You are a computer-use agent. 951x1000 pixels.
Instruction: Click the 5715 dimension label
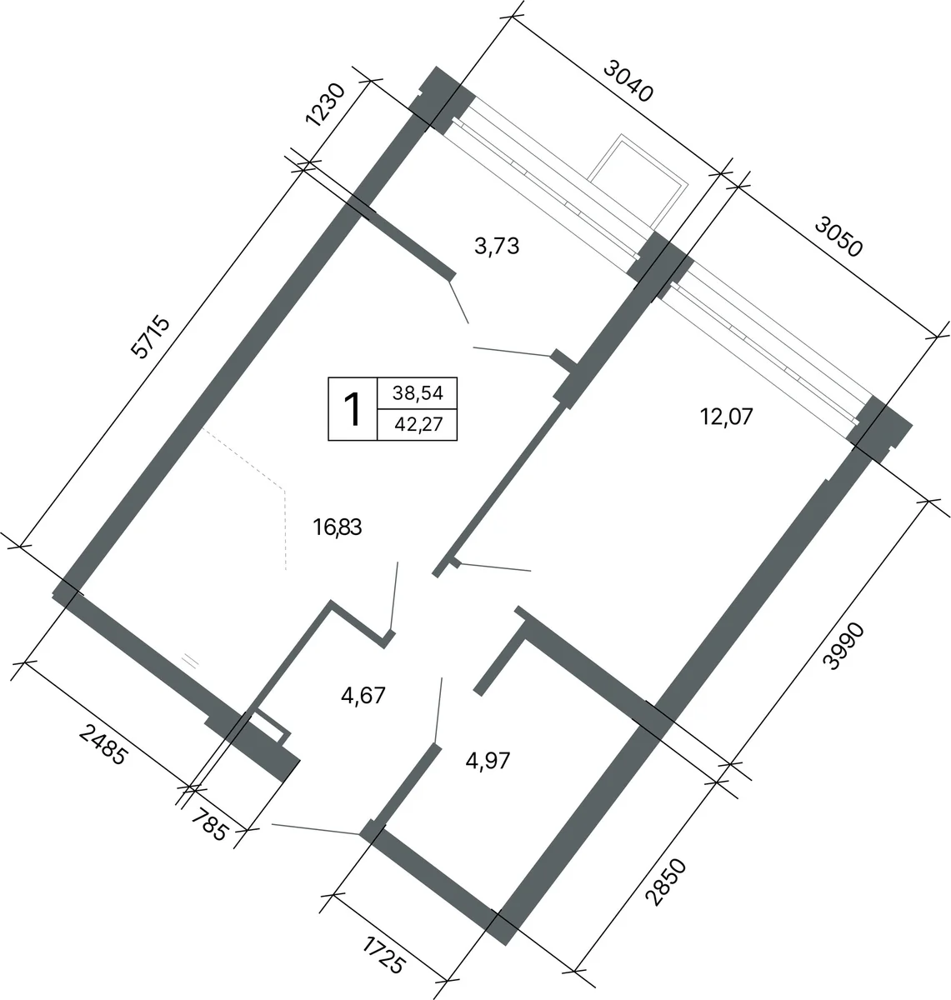(x=149, y=337)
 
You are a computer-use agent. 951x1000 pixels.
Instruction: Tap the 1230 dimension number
(x=325, y=104)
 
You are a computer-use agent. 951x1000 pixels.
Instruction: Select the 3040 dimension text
(x=628, y=81)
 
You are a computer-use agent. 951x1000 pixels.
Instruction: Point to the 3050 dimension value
(x=838, y=236)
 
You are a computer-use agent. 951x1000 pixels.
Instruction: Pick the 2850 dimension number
(x=666, y=882)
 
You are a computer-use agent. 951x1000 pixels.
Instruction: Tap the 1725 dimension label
(x=384, y=955)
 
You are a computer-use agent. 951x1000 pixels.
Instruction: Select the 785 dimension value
(x=210, y=824)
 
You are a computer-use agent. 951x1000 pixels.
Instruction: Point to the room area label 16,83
(x=338, y=527)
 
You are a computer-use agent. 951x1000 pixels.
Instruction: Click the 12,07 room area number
(x=726, y=417)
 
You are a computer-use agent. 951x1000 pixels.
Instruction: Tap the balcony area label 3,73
(x=497, y=246)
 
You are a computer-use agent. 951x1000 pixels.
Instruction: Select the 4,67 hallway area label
(x=363, y=695)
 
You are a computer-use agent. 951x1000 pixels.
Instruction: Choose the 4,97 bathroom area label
(x=488, y=761)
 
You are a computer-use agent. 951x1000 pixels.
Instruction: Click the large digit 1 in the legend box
(x=352, y=409)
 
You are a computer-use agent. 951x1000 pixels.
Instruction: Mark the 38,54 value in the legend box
(x=418, y=393)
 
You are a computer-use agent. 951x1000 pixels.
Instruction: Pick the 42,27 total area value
(x=418, y=423)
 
